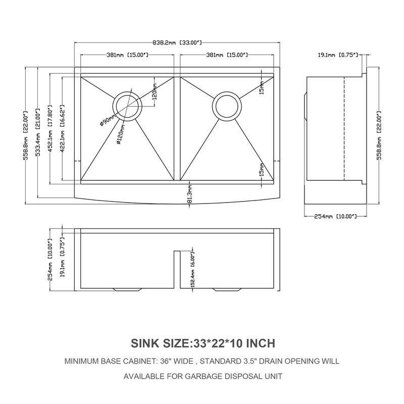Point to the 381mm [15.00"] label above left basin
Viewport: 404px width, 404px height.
pos(127,55)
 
